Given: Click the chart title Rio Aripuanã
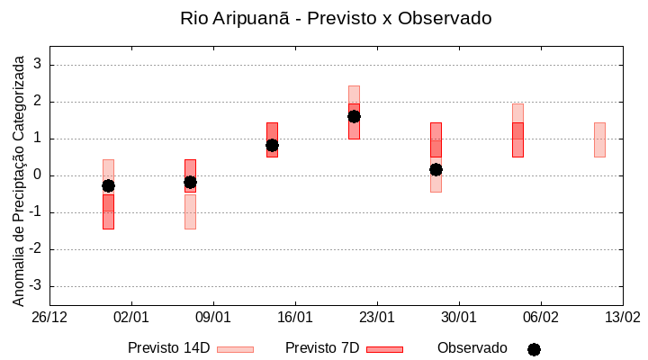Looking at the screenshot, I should click(336, 18).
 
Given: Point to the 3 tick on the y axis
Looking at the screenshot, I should click(38, 65).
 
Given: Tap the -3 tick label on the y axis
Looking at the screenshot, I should click(35, 286).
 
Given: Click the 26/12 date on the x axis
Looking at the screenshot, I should click(49, 317).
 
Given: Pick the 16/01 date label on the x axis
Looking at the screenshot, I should click(295, 317).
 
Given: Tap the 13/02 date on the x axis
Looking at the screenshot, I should click(622, 317).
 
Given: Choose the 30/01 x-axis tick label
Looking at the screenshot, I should click(459, 317).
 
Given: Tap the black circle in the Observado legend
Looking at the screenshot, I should click(534, 349).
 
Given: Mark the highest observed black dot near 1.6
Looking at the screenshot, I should click(354, 116).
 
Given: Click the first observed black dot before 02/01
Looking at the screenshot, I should click(108, 185).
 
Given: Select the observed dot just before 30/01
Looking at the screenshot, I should click(436, 169).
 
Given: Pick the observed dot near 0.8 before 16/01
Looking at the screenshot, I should click(272, 145).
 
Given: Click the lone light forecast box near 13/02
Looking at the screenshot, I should click(599, 139).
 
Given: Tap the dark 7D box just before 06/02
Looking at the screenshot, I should click(517, 139).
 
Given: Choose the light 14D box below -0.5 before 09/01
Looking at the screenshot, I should click(190, 211).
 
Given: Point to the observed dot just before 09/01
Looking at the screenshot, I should click(190, 182).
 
